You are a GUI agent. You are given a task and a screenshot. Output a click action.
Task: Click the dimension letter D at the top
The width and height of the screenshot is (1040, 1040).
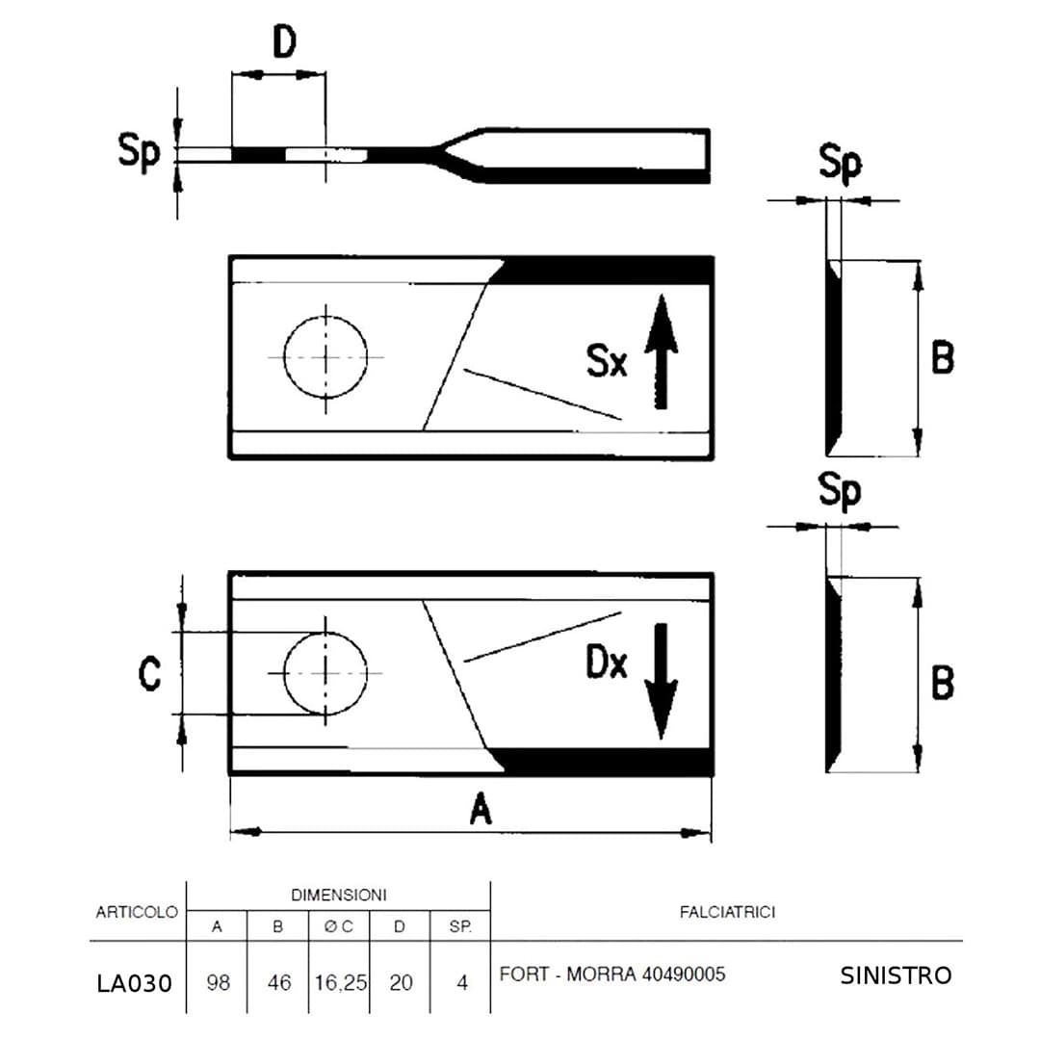tap(284, 42)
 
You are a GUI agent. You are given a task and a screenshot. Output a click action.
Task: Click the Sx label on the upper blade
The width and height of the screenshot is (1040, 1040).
tap(607, 361)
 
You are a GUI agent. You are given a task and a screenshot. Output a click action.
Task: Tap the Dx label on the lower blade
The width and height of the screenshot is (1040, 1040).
tap(607, 662)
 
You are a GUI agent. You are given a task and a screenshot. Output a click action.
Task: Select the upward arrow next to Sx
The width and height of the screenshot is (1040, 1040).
tap(662, 351)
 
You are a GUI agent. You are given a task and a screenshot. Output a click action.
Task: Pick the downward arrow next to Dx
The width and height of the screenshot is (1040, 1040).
tap(662, 681)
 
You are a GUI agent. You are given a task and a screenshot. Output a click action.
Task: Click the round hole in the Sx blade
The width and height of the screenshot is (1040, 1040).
tap(325, 357)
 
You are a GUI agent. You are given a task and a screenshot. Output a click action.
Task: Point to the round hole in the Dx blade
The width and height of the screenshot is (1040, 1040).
tap(325, 673)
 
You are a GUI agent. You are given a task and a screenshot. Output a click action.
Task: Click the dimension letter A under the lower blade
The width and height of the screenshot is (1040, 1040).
tap(481, 809)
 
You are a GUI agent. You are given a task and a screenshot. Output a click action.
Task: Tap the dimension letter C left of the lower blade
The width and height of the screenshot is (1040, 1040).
tap(149, 673)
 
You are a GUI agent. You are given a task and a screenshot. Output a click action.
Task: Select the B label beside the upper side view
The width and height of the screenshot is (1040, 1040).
tap(943, 357)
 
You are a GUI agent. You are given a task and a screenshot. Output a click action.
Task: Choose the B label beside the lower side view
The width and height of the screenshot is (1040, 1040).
tap(943, 683)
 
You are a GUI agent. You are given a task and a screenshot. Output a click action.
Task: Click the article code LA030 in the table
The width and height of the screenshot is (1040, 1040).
tap(135, 983)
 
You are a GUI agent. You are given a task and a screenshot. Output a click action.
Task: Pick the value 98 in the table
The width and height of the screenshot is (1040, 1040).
tap(219, 982)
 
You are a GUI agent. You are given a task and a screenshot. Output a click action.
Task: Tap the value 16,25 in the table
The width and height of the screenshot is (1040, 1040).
tap(340, 982)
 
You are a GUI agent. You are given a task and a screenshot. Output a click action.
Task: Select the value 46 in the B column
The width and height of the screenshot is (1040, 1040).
tap(279, 982)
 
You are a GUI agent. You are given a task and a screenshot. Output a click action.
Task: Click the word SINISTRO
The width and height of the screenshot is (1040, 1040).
tap(896, 975)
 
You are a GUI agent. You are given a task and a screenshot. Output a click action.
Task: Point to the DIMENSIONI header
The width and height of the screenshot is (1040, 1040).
tap(339, 895)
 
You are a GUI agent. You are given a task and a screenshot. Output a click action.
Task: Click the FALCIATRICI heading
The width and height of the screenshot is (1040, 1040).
tap(728, 912)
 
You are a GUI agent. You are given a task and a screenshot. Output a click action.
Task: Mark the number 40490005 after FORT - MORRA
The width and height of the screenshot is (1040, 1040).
tap(684, 975)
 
